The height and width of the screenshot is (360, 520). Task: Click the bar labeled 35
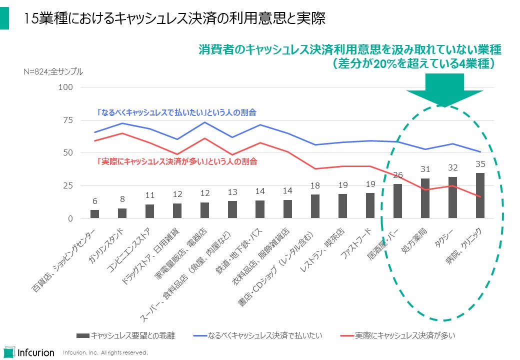(480, 195)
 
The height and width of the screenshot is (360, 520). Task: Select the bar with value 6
(94, 214)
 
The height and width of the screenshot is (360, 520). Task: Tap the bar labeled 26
(397, 201)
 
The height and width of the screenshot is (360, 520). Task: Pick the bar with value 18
(315, 206)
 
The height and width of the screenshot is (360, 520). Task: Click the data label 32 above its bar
(452, 168)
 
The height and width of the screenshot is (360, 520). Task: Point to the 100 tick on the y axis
(66, 87)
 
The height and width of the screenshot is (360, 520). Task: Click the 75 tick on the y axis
(68, 120)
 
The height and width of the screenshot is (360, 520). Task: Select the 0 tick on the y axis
(70, 218)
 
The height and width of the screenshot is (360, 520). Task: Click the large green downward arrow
(444, 90)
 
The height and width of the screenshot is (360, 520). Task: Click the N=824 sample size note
(53, 71)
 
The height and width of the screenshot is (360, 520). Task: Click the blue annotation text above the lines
(180, 112)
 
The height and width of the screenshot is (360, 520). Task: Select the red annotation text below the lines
(177, 161)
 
